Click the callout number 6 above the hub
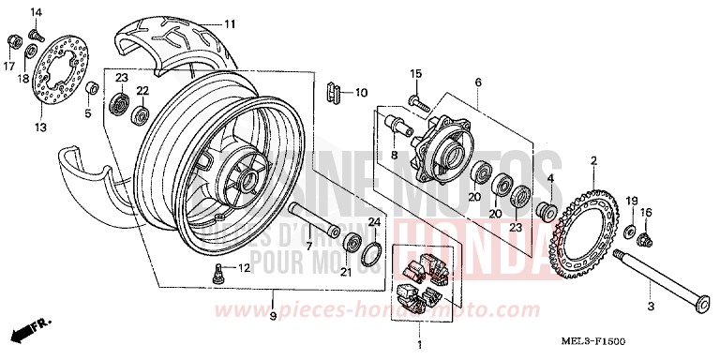point(478,82)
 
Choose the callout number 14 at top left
point(37,11)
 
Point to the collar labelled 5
point(92,88)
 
